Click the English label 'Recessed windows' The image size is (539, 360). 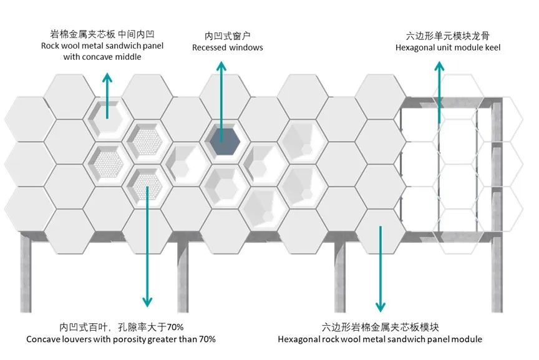click(227, 47)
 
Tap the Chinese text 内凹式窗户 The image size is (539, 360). click(227, 36)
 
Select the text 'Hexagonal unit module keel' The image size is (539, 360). click(447, 47)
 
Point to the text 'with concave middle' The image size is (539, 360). click(102, 57)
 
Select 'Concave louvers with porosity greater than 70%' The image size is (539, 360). click(121, 339)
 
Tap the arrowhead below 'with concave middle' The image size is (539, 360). click(107, 77)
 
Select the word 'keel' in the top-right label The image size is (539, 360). click(491, 47)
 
